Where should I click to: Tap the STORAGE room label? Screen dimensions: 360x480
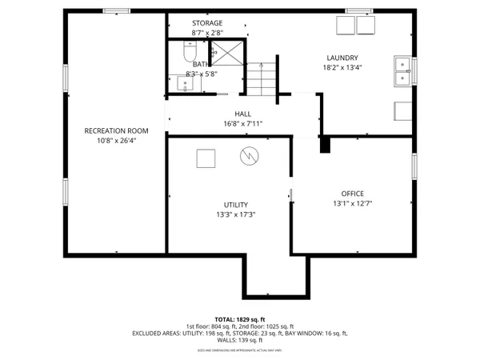click(x=207, y=23)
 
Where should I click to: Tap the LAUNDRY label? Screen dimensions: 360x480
click(x=342, y=58)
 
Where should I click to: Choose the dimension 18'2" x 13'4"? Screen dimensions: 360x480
click(x=342, y=67)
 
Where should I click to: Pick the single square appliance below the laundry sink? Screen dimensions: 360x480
click(x=402, y=111)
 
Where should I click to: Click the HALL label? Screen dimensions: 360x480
click(x=243, y=114)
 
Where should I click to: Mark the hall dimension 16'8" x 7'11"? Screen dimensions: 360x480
click(x=243, y=123)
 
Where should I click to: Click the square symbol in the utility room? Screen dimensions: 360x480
click(x=206, y=157)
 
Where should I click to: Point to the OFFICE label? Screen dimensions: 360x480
click(x=352, y=194)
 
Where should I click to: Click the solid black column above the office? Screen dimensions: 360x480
click(x=325, y=144)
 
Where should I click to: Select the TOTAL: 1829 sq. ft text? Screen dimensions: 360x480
click(x=240, y=318)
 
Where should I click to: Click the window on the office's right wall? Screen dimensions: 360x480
click(x=414, y=166)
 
